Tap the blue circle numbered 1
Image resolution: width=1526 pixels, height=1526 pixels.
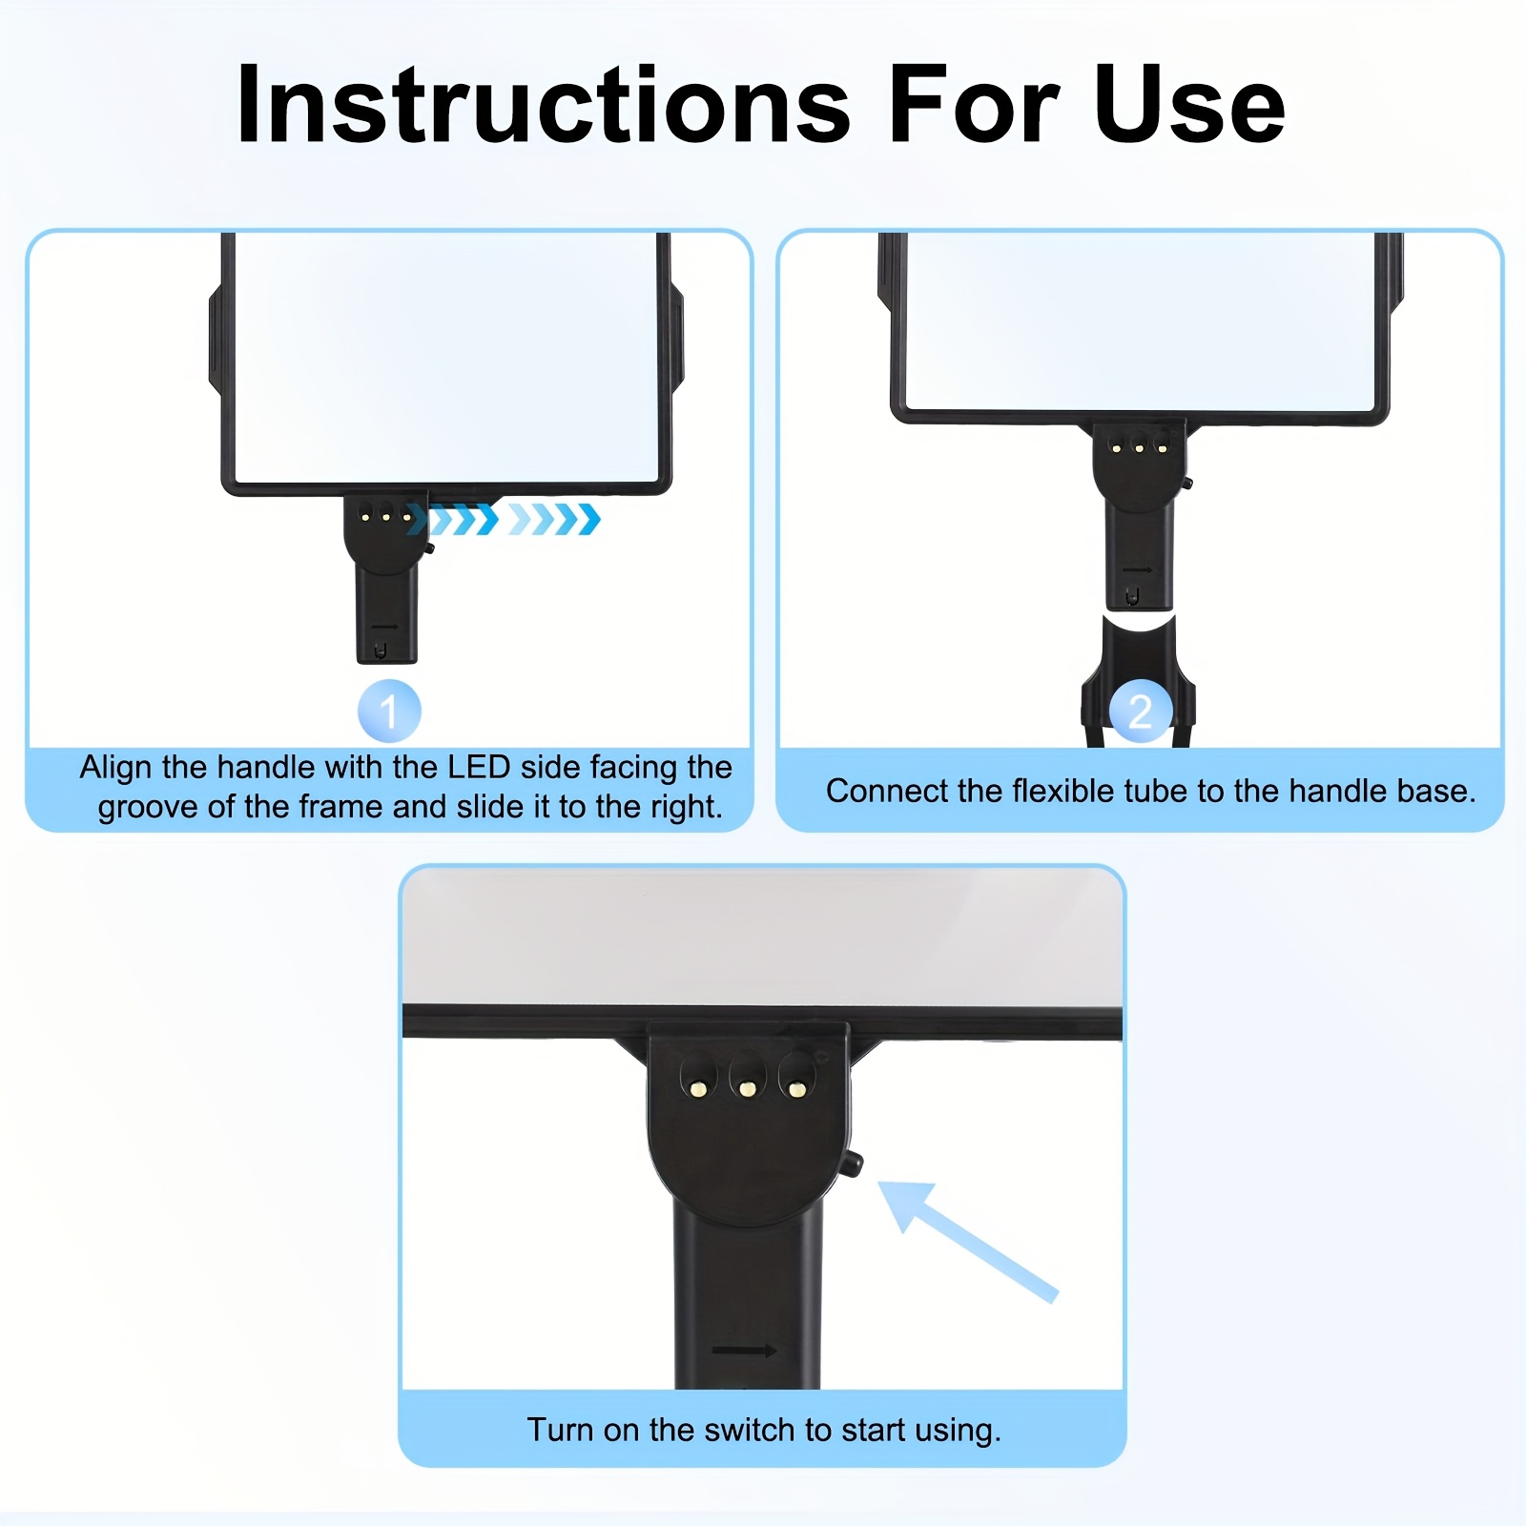tap(389, 711)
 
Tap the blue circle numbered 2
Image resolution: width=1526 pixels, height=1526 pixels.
tap(1141, 711)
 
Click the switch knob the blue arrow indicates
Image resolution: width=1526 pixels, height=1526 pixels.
tap(853, 1163)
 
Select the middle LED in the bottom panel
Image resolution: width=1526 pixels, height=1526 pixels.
tap(748, 1088)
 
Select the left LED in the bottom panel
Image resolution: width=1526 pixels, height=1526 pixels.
tap(699, 1087)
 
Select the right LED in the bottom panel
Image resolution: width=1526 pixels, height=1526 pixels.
tap(797, 1088)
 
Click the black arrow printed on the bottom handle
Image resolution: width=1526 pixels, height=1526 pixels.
tap(744, 1350)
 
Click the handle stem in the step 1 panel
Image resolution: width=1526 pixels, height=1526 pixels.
tap(386, 610)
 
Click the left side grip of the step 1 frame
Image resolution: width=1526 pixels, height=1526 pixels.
tap(216, 339)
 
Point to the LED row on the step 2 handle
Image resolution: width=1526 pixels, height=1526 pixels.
tap(1139, 447)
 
